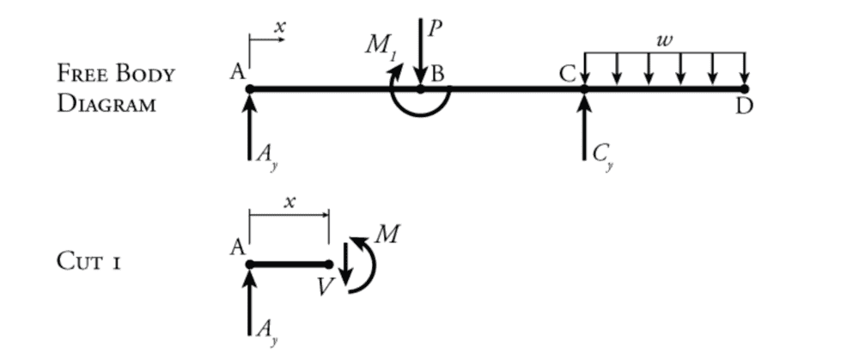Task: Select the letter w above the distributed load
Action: click(661, 40)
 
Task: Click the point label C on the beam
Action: click(567, 75)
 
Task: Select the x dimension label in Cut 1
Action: click(289, 202)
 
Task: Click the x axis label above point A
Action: click(279, 27)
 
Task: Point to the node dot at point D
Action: click(744, 88)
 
